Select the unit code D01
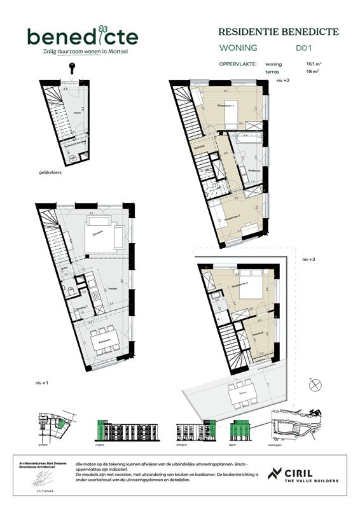tap(304, 47)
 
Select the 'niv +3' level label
tap(309, 260)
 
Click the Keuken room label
tap(113, 288)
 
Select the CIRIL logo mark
tap(275, 473)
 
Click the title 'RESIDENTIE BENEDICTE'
tap(279, 31)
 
